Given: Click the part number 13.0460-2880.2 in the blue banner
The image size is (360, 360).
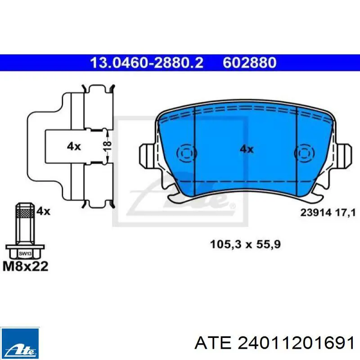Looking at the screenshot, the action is [147, 63].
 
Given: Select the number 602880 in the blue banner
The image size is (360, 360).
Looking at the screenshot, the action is [250, 63].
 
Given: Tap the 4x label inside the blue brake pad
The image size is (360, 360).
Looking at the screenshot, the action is [247, 149].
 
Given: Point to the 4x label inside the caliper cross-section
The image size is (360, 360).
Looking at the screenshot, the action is [74, 146].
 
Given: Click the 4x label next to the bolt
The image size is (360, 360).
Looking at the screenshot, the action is [43, 211].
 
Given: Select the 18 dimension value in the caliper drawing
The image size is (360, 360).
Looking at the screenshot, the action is [107, 146].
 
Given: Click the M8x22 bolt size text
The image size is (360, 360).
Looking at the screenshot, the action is [26, 266].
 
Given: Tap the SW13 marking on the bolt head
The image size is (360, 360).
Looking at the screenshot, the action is [25, 254].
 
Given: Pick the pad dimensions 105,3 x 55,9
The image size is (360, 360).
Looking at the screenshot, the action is [245, 244].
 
